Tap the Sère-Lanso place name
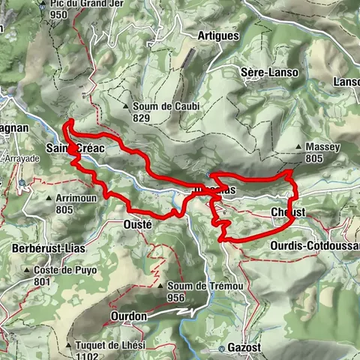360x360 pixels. pos(270,72)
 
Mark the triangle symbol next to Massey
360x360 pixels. pos(299,146)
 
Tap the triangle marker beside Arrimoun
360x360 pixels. pos(49,199)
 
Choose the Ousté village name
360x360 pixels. pos(137,224)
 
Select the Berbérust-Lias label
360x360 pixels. pos(47,247)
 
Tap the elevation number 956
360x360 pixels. pos(175,297)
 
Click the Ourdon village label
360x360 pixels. pos(127,316)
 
